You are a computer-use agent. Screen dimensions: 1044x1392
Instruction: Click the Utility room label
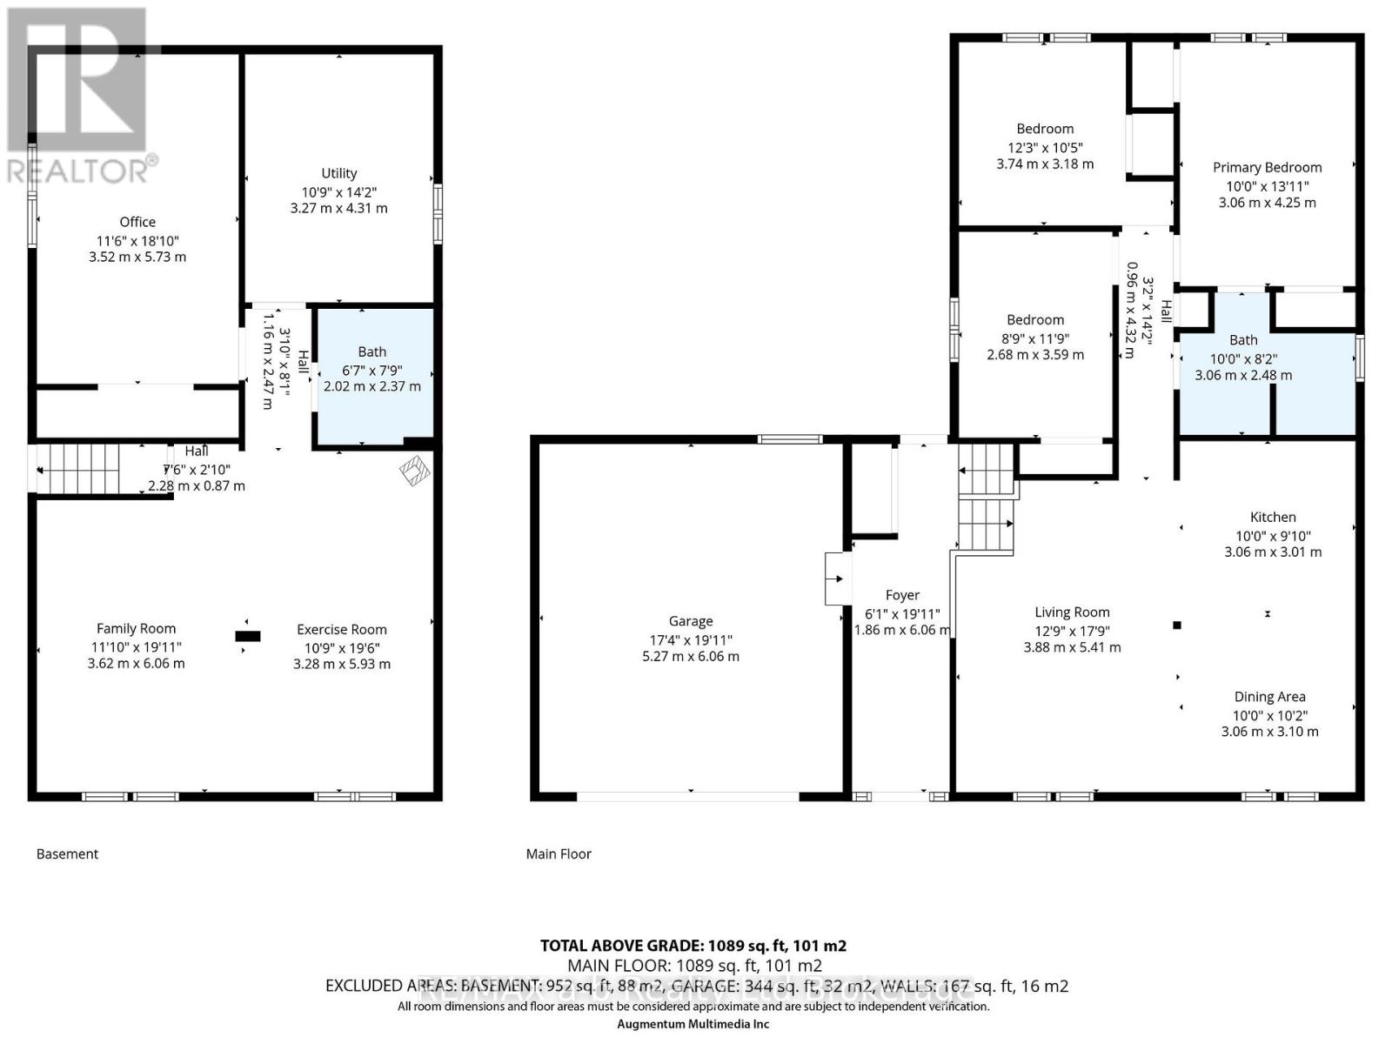coord(338,173)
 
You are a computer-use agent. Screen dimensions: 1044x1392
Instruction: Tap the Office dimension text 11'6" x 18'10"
coord(137,240)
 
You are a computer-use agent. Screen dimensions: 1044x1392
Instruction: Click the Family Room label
coord(136,628)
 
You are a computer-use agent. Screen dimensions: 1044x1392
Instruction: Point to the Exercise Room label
coord(341,629)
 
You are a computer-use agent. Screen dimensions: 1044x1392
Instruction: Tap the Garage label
coord(691,621)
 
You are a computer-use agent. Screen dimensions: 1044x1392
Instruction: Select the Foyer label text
coord(902,595)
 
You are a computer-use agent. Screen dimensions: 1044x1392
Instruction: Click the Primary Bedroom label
coord(1267,167)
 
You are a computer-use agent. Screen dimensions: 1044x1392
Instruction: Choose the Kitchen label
coord(1273,517)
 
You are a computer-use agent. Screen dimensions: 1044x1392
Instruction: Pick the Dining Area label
coord(1269,696)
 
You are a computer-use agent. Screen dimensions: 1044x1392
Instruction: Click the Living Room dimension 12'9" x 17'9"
coord(1072,631)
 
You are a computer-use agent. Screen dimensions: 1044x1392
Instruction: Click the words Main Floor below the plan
coord(559,853)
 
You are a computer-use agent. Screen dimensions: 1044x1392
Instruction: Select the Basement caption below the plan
coord(67,853)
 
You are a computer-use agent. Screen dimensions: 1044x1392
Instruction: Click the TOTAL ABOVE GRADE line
coord(693,946)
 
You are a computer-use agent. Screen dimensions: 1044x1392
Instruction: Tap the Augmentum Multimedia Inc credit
coord(693,1024)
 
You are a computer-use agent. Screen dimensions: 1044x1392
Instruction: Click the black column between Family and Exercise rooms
coord(248,636)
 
